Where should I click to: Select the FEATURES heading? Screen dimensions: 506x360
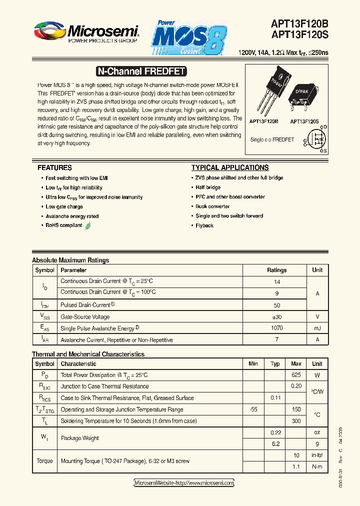[54, 168]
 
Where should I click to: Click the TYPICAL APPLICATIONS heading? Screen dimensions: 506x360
[230, 168]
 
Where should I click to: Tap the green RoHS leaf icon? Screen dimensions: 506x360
[88, 225]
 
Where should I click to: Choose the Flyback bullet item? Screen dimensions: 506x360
[204, 225]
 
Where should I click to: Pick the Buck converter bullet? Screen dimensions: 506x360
[212, 206]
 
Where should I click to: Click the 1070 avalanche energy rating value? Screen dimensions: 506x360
[276, 328]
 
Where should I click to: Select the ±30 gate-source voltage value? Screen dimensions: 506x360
[276, 316]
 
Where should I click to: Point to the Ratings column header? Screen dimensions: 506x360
[276, 270]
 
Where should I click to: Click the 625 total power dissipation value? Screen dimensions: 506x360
[296, 375]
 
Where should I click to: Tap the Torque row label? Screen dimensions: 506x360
[44, 461]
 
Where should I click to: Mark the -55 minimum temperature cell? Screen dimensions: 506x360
[253, 409]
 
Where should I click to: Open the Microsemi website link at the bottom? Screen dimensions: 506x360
[184, 483]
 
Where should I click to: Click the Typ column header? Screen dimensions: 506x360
[275, 364]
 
